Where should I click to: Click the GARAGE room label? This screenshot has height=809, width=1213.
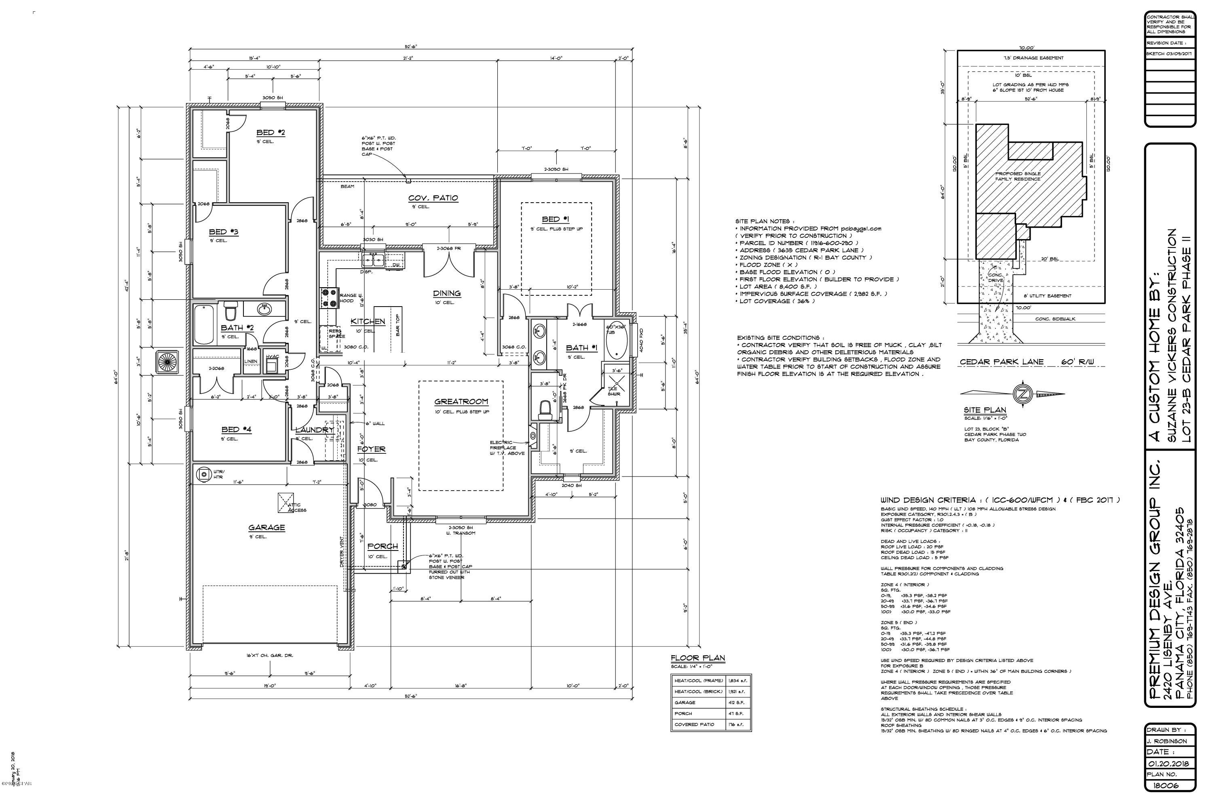266,527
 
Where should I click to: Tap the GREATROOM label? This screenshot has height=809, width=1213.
461,401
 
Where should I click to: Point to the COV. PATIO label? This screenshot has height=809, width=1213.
433,198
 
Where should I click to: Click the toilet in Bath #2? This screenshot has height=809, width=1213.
230,311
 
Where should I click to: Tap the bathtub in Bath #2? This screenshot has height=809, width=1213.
204,324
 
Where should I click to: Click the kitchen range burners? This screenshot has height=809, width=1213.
328,298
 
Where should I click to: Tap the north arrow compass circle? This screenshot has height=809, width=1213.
1022,394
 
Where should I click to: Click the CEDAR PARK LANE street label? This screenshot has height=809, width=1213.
1002,362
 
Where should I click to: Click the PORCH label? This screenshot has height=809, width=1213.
382,546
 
